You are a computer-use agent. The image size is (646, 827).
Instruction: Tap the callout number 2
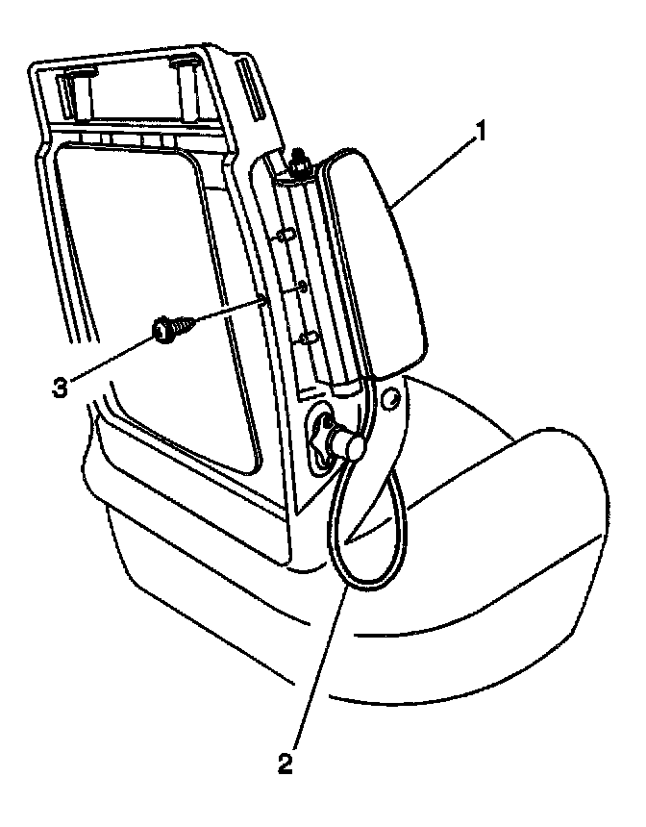284,765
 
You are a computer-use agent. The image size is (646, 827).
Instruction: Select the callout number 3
60,387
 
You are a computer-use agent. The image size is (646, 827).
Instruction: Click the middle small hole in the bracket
302,287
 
